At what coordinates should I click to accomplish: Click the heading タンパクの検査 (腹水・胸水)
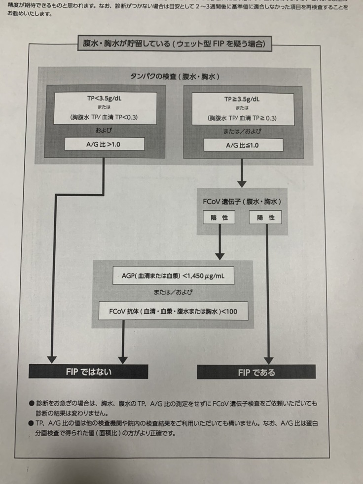coord(175,77)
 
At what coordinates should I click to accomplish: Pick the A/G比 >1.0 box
coord(105,144)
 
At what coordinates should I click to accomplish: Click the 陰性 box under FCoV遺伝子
coord(219,217)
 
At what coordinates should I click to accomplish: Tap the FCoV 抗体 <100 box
coord(173,311)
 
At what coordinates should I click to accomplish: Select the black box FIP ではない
coord(88,371)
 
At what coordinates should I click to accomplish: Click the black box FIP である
coord(256,372)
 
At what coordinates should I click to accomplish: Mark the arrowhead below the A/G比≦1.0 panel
coord(242,183)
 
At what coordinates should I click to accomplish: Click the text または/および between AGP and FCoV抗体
coord(173,293)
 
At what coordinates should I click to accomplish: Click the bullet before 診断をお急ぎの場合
coord(32,404)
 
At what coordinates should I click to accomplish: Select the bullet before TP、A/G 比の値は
coord(32,423)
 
